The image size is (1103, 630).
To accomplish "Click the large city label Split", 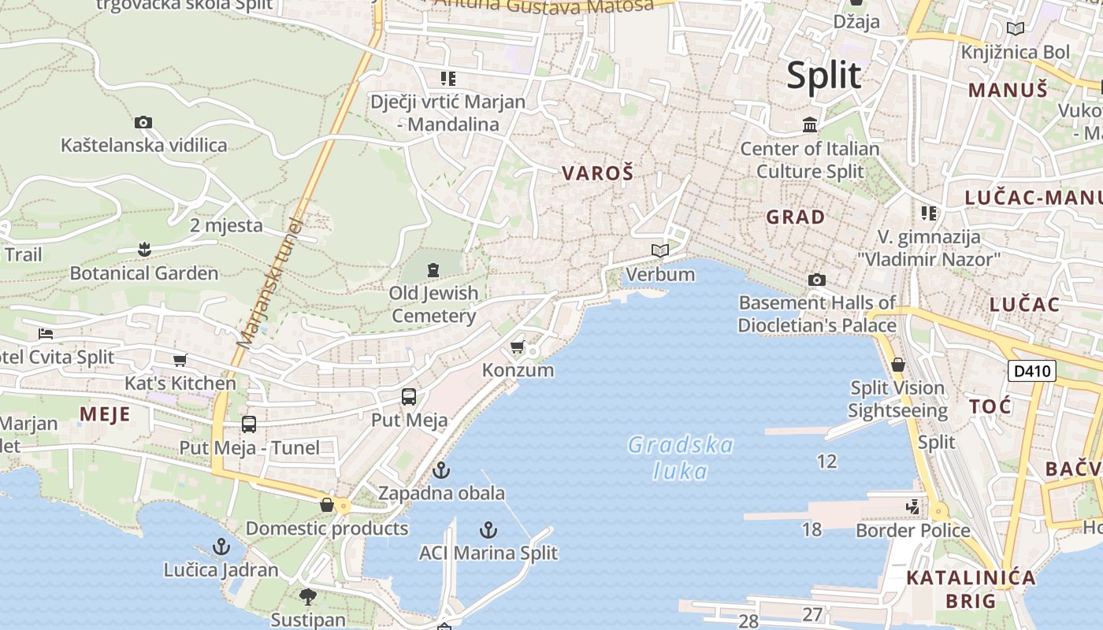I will click(x=823, y=76).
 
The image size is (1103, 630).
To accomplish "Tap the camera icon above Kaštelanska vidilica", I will click(x=143, y=122).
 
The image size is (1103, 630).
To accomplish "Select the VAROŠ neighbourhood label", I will click(x=597, y=173).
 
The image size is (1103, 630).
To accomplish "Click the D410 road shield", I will click(x=1031, y=370).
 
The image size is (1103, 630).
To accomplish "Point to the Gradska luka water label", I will click(x=681, y=458).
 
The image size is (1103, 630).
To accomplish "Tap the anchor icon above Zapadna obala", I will click(x=441, y=471).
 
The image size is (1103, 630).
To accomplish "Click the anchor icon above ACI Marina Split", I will click(x=488, y=530).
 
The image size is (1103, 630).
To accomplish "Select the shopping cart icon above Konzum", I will click(x=518, y=347).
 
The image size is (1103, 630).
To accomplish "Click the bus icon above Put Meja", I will click(x=409, y=397).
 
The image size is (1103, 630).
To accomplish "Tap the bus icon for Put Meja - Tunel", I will click(x=249, y=424).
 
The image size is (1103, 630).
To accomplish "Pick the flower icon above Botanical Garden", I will click(x=143, y=250).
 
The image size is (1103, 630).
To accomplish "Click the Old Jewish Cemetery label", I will click(x=433, y=304).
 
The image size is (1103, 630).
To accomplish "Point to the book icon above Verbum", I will click(x=660, y=251).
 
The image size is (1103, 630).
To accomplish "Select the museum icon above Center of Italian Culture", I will click(x=809, y=125).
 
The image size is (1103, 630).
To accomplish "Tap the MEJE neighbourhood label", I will click(x=105, y=414).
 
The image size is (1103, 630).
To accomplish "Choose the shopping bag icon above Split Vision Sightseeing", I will click(x=897, y=365).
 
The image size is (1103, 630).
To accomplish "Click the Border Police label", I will click(x=912, y=530).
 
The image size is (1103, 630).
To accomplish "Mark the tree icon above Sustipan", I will click(x=308, y=596).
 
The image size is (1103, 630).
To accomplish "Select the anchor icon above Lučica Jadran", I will click(x=221, y=547).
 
